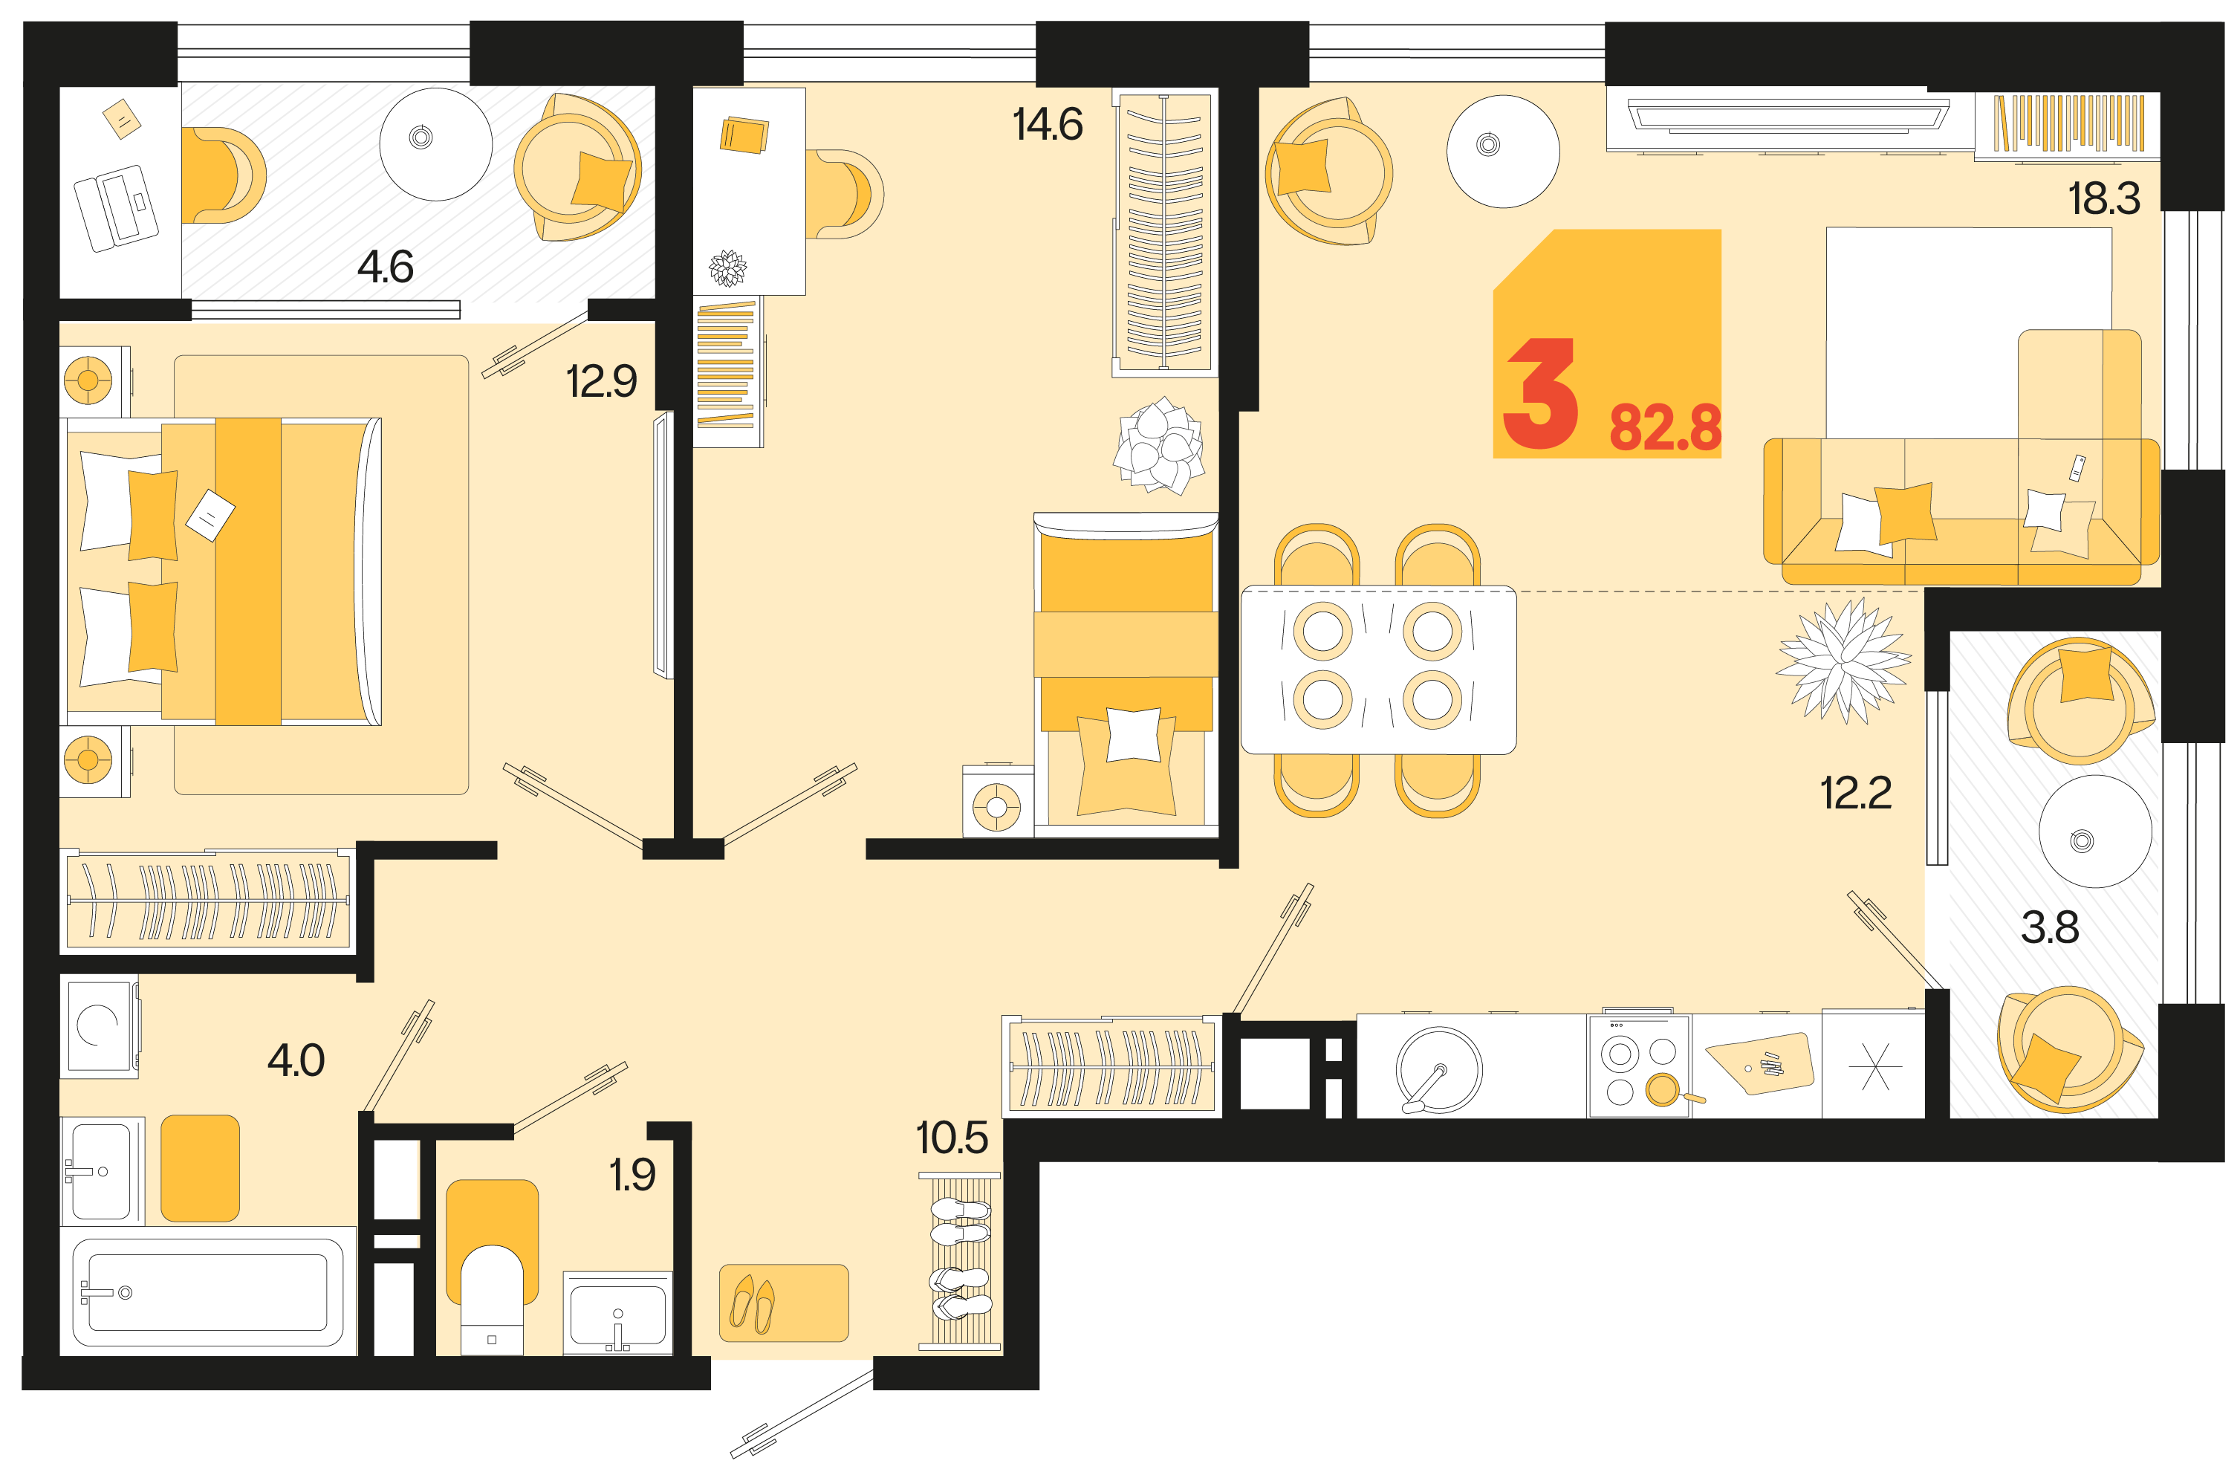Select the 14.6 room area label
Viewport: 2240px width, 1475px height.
[x=1048, y=124]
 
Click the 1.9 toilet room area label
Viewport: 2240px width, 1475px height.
[x=632, y=1175]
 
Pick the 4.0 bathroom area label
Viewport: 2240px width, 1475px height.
[x=296, y=1061]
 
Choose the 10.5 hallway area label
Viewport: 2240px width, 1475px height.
[x=952, y=1138]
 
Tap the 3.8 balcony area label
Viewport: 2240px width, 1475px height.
[x=2050, y=927]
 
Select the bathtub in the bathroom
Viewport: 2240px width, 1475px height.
[x=208, y=1292]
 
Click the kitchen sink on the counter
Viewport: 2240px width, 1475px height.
[x=1438, y=1069]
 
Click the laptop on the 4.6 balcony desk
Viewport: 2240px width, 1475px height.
[x=117, y=208]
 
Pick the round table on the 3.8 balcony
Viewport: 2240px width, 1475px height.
[x=2095, y=831]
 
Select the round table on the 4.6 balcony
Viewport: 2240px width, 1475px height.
[x=436, y=144]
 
